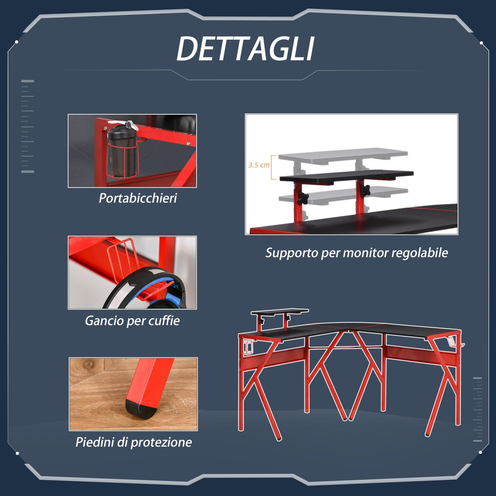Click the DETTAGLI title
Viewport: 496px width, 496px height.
246,49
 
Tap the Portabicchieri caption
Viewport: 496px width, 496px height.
138,198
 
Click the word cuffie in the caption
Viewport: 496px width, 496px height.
164,321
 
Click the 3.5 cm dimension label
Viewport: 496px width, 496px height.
259,165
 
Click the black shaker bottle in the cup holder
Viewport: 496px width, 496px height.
122,151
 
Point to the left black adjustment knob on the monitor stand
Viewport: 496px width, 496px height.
302,198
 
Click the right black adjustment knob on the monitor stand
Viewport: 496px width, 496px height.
365,190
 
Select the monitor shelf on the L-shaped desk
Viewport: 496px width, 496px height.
280,312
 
